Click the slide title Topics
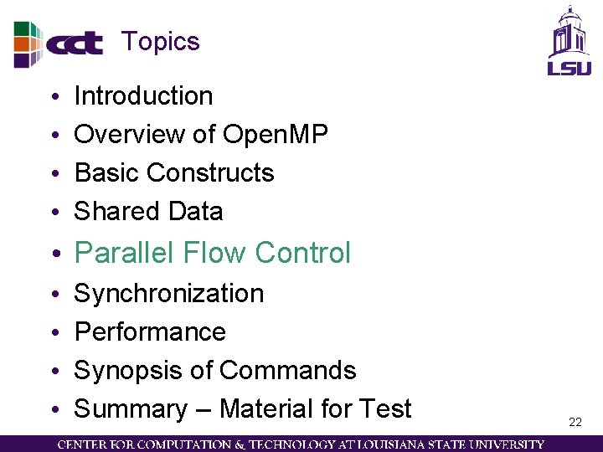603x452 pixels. click(x=161, y=42)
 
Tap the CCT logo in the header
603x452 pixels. click(x=59, y=44)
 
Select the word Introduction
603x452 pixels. click(x=143, y=96)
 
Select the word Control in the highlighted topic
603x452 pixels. click(x=303, y=253)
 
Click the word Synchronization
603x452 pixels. click(x=169, y=294)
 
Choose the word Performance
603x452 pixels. click(x=150, y=332)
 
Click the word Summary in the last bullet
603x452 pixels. click(x=131, y=409)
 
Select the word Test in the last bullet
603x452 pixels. click(x=384, y=409)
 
